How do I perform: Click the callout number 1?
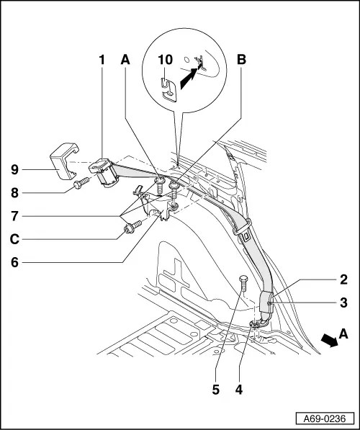(102, 61)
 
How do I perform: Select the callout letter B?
(243, 61)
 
